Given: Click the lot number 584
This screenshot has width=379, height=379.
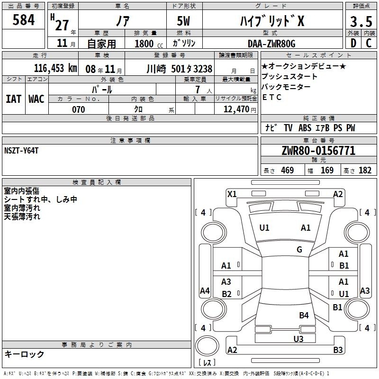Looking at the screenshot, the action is click(23, 20).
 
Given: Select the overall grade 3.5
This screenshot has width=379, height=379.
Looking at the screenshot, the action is click(361, 21).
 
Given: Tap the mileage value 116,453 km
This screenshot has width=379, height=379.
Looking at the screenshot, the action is click(55, 68).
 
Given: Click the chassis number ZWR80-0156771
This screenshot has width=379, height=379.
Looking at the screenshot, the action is click(318, 151).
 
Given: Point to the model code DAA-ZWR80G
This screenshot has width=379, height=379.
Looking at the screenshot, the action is click(271, 44).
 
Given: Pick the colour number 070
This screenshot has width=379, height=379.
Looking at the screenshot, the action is click(79, 109).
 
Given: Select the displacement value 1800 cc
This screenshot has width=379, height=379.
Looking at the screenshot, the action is click(149, 44).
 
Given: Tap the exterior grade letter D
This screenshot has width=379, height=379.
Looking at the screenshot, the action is click(353, 43).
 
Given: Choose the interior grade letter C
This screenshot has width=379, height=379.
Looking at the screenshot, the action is click(369, 43).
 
